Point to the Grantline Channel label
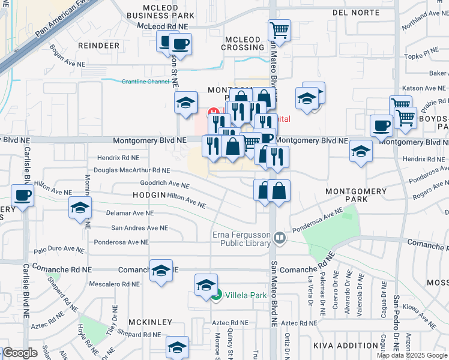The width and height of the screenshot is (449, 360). coord(146,82)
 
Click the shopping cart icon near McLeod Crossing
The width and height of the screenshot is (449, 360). coord(279,29)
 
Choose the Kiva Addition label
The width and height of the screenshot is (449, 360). coord(345,346)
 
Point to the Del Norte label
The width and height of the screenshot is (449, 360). coord(357,11)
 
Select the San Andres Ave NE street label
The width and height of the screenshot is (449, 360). coord(140,228)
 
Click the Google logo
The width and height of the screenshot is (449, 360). coord(20,353)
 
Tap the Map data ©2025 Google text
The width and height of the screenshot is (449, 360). coord(412,355)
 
